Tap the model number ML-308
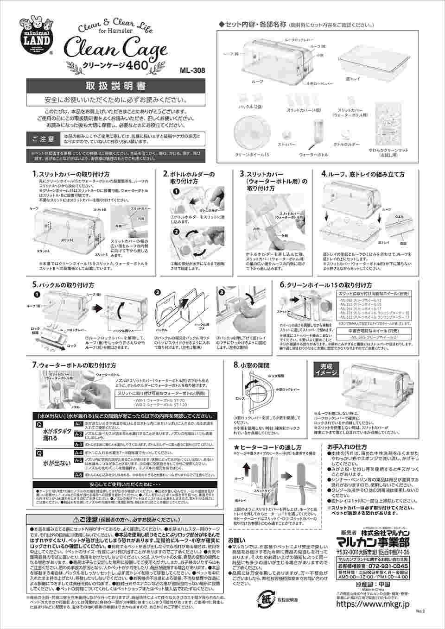pyautogui.click(x=192, y=71)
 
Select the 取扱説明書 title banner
pyautogui.click(x=115, y=87)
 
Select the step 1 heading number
pyautogui.click(x=34, y=174)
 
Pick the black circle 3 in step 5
pyautogui.click(x=221, y=293)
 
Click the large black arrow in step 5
pyautogui.click(x=96, y=307)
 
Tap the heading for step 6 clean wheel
pyautogui.click(x=326, y=284)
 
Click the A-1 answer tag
pyautogui.click(x=78, y=423)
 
